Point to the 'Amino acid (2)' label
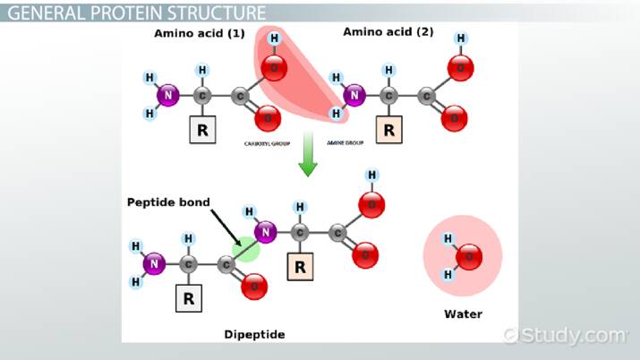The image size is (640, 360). coord(388,32)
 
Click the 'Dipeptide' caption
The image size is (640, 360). coord(254,334)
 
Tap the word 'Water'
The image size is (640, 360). coord(463,313)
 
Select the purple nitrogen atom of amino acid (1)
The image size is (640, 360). coord(166,94)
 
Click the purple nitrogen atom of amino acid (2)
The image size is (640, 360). coord(355,94)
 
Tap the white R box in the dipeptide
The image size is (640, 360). coord(189,297)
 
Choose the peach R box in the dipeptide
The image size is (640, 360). coord(301,265)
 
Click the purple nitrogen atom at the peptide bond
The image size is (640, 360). coord(266,233)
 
